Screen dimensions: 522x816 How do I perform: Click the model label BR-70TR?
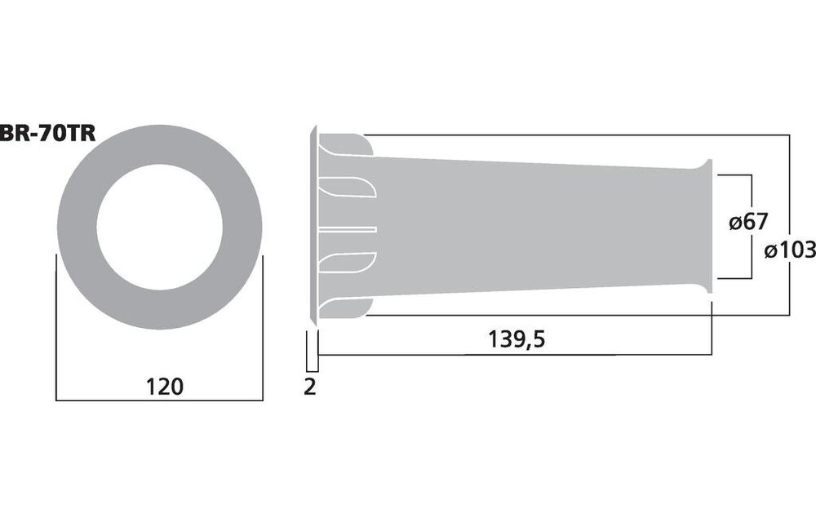(47, 133)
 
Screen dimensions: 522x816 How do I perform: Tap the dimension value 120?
(160, 386)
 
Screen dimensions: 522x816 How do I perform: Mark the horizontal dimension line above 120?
(160, 400)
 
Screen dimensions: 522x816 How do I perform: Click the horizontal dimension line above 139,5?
(514, 356)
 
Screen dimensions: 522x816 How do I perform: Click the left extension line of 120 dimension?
(55, 326)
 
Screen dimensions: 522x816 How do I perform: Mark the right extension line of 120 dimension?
(263, 326)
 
